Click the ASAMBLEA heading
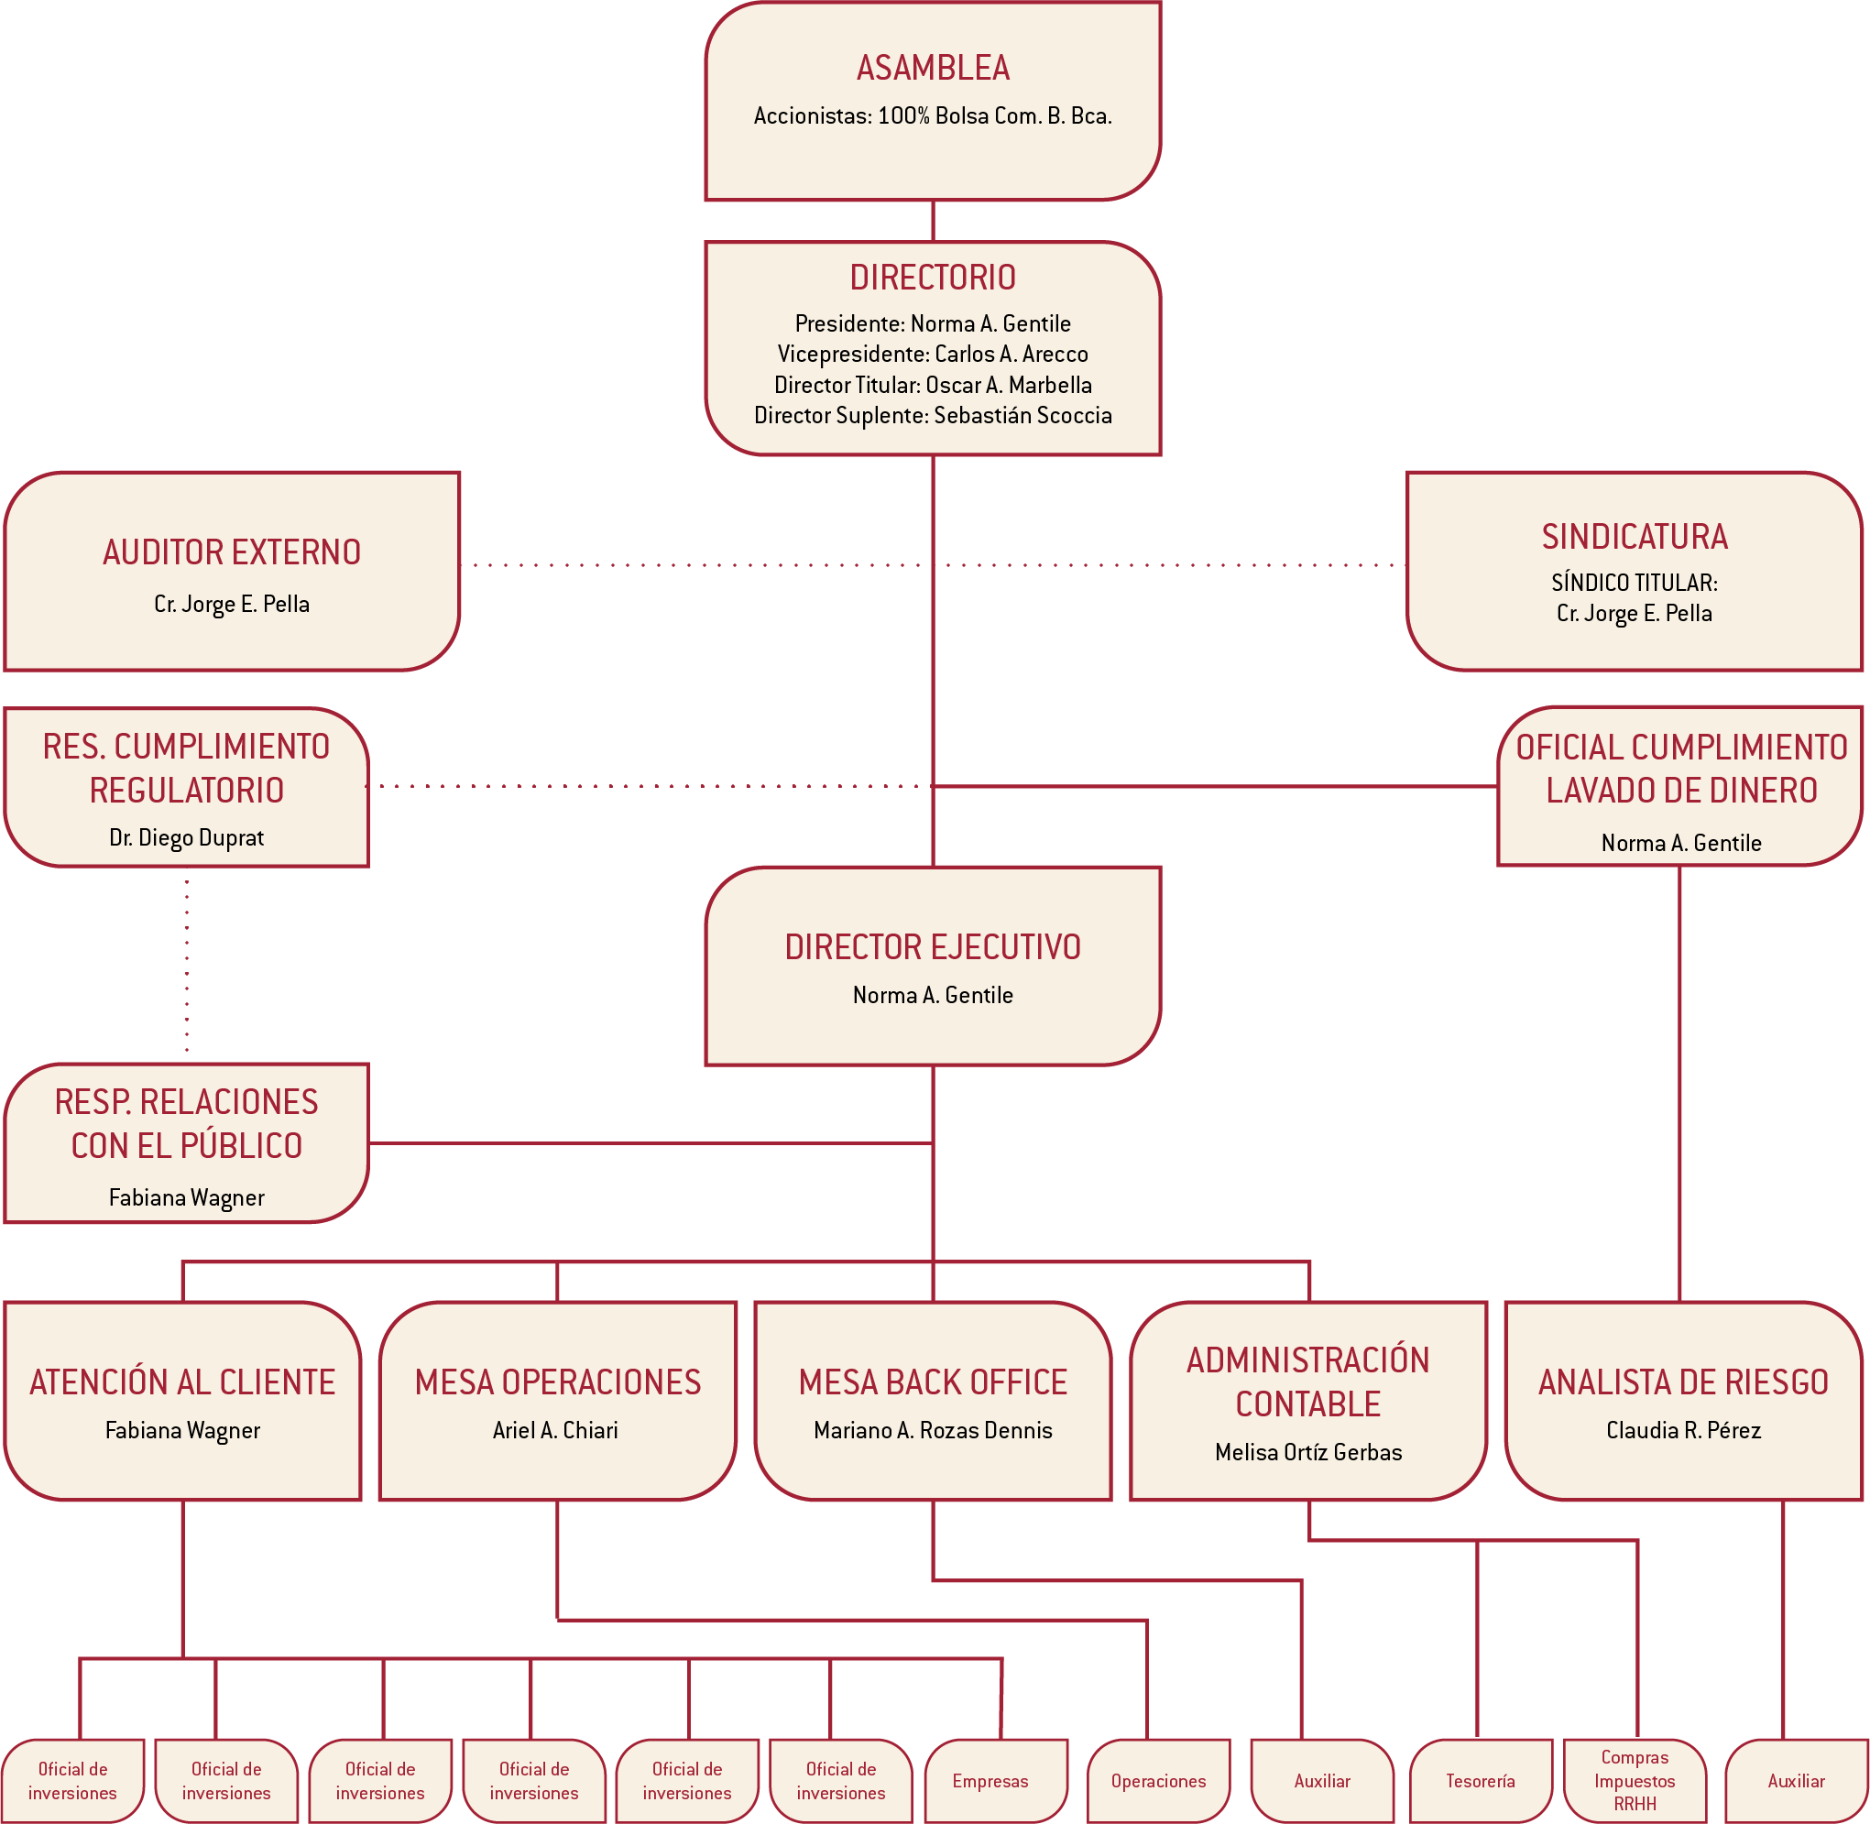(x=932, y=68)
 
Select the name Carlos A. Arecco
(x=1011, y=354)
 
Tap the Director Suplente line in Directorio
(x=932, y=415)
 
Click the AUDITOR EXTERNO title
(x=232, y=552)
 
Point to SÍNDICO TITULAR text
(x=1634, y=582)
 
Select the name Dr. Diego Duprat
(x=186, y=837)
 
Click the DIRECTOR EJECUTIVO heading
(x=932, y=946)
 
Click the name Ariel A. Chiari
(x=554, y=1429)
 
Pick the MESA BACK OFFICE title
(x=932, y=1382)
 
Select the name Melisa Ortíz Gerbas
(x=1307, y=1451)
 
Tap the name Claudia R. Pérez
(x=1682, y=1429)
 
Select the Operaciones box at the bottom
(x=1157, y=1780)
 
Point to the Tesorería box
(x=1479, y=1780)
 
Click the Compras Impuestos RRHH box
(x=1634, y=1780)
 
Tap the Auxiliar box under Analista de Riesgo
(x=1795, y=1780)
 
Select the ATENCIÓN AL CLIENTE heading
(x=182, y=1382)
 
